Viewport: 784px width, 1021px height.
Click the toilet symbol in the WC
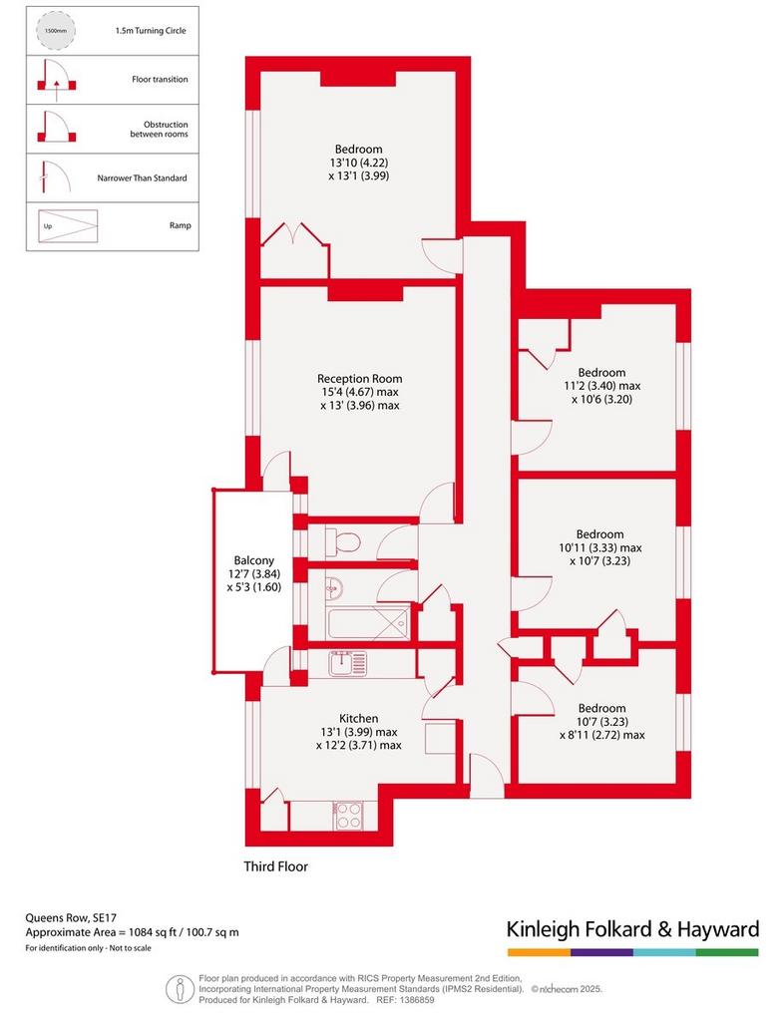(342, 541)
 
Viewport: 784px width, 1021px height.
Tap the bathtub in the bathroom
(368, 622)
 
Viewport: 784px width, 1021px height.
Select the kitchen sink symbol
(348, 663)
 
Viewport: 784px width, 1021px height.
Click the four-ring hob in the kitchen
(348, 816)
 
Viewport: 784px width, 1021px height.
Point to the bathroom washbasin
(334, 587)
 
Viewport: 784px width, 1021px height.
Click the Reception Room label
(359, 378)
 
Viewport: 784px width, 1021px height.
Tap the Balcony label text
(254, 560)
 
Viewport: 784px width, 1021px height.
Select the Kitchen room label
(359, 718)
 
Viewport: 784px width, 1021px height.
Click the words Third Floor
(275, 866)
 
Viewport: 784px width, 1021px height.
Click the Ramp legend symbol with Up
(68, 226)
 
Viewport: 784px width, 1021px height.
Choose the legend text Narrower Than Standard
(142, 177)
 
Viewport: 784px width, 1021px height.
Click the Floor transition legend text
(160, 80)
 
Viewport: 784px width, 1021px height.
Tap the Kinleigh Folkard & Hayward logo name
(632, 929)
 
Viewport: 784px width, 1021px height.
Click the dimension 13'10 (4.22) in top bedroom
(359, 163)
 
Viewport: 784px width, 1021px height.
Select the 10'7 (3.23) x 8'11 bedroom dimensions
(601, 728)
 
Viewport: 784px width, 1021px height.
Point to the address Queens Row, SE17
(71, 918)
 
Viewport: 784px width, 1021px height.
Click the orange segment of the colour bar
(540, 952)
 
